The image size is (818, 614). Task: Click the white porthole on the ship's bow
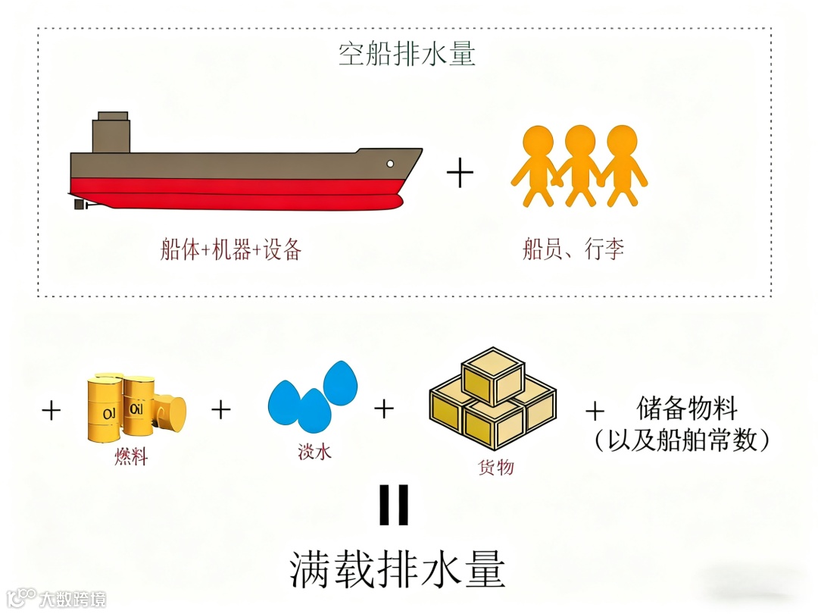[390, 163]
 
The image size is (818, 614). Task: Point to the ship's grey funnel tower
[111, 134]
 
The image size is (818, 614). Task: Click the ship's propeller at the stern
[80, 204]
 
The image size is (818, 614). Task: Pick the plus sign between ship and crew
[460, 174]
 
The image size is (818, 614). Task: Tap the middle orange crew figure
[579, 163]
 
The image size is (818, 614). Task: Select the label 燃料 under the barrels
[130, 457]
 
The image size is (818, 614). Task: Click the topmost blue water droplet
[340, 382]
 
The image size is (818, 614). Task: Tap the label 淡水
[315, 453]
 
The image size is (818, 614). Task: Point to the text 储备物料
[686, 410]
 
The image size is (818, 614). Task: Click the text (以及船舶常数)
[682, 440]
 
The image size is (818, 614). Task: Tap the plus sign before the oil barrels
[52, 411]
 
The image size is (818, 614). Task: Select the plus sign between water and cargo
[384, 409]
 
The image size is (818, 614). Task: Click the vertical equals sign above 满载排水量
[394, 505]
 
